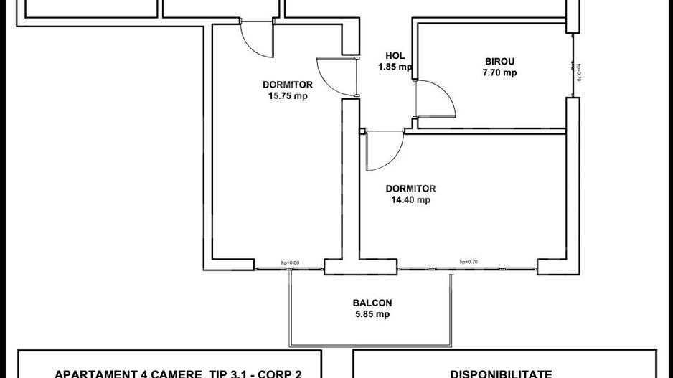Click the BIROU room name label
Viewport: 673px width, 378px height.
tap(500, 61)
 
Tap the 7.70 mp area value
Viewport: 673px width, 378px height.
tap(500, 72)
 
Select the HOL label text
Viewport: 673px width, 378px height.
tap(395, 55)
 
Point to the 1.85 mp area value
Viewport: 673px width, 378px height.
tap(395, 67)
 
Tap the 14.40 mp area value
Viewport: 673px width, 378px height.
tap(410, 200)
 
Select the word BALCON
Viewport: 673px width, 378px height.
tap(372, 303)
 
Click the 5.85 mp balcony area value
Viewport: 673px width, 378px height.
tap(372, 314)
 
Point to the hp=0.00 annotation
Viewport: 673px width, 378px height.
tap(290, 263)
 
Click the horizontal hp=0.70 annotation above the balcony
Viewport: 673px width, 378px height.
tap(469, 262)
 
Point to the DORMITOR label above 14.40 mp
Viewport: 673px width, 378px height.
tap(410, 189)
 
